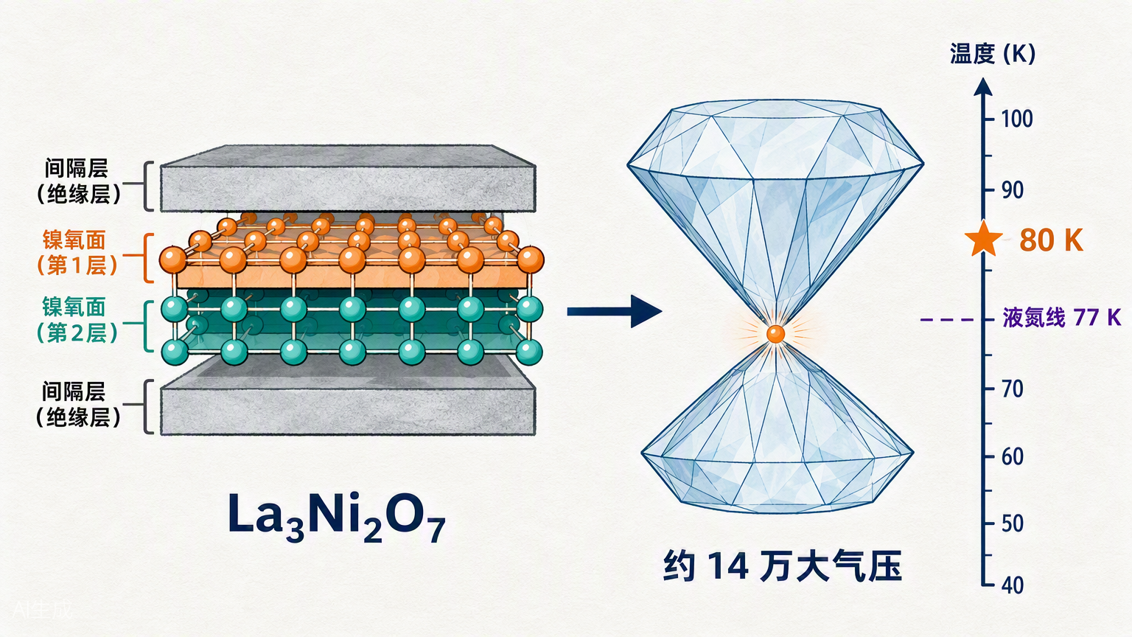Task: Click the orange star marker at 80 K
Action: [x=983, y=239]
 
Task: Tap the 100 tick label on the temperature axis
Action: [x=1017, y=119]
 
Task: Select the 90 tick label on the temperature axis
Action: [x=1012, y=191]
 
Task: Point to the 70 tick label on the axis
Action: [x=1012, y=389]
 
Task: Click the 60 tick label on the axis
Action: [x=1012, y=456]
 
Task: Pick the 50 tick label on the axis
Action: [x=1012, y=523]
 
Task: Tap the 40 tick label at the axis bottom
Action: [x=1012, y=585]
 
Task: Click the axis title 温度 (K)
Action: [x=993, y=55]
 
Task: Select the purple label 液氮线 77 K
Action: [x=1062, y=318]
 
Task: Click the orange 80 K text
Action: [x=1051, y=240]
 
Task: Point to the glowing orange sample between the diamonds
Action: [x=775, y=334]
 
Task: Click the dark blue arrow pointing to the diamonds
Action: [x=614, y=311]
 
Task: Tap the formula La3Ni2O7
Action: [x=337, y=518]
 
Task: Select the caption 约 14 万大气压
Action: [x=782, y=566]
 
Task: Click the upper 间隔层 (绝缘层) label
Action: [x=78, y=181]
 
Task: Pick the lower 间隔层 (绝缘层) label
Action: [x=78, y=405]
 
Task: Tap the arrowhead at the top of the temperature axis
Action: [x=983, y=86]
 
